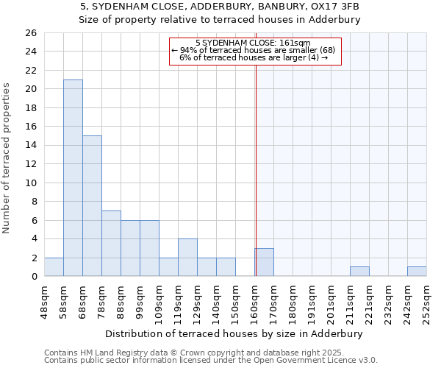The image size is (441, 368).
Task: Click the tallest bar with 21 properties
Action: [73, 178]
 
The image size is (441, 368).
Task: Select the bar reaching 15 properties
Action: [92, 206]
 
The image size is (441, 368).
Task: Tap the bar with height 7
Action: [111, 244]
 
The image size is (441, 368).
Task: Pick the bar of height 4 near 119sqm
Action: [187, 258]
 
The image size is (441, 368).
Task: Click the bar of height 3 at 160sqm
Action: [265, 263]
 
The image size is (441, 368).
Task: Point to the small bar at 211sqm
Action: [359, 272]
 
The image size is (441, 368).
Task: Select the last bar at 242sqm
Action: [417, 272]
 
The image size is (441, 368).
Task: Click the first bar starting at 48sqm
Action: [54, 267]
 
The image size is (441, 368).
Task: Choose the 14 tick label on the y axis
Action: [30, 146]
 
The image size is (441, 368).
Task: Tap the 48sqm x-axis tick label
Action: [45, 301]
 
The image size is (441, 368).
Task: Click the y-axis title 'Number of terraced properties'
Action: [7, 158]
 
